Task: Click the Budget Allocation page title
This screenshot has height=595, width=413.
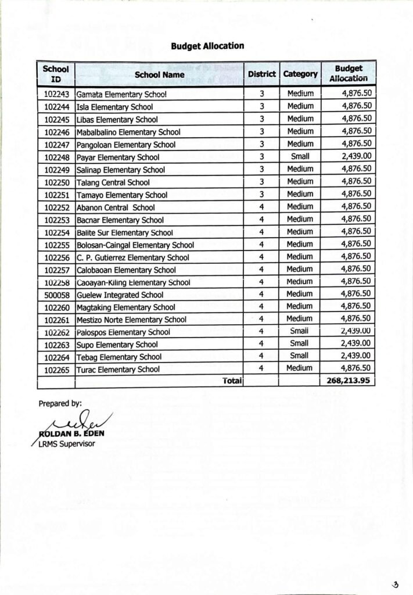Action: tap(207, 45)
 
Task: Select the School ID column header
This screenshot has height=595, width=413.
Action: tap(56, 74)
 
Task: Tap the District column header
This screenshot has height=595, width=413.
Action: tap(261, 74)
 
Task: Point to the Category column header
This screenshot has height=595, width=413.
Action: tap(300, 74)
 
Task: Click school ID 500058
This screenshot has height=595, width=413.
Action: tap(56, 295)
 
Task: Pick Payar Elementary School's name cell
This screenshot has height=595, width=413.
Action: tap(113, 157)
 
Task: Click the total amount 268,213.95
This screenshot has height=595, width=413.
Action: tap(347, 381)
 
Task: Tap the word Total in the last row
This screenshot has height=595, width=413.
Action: tap(231, 381)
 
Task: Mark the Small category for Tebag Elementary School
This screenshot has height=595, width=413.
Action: tap(300, 356)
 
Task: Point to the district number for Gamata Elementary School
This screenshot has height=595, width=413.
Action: tap(262, 94)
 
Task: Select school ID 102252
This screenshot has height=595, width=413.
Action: tap(56, 207)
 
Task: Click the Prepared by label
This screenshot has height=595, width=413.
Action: tap(60, 403)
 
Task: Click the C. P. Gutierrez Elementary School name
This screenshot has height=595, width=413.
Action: tap(133, 257)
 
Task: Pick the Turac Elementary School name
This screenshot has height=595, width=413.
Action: tap(118, 369)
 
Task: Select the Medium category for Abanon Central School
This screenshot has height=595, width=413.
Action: tap(300, 207)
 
